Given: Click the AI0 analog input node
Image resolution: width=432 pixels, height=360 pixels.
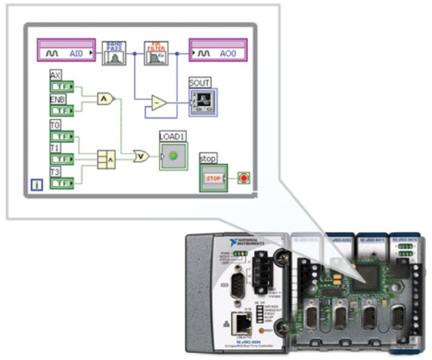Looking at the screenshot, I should (67, 53).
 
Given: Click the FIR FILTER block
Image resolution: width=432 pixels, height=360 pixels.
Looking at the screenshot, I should (156, 53).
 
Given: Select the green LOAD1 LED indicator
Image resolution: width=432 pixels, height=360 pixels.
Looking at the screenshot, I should (173, 156).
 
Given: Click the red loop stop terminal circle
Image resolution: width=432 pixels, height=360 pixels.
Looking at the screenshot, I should (244, 179).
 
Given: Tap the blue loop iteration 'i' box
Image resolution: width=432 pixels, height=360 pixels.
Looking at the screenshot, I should (37, 184).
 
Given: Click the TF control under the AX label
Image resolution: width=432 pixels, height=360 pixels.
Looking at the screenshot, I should (61, 87).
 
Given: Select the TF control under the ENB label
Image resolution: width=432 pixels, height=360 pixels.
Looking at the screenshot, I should (61, 110).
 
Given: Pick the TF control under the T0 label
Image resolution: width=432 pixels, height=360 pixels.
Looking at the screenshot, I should (61, 136).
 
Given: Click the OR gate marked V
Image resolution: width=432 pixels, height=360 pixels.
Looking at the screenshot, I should (142, 156).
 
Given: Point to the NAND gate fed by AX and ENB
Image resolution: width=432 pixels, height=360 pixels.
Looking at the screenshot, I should (106, 98).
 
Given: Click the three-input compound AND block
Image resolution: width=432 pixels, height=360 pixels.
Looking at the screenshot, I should (106, 159).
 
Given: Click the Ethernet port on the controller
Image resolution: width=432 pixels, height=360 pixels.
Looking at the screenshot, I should (243, 322).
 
